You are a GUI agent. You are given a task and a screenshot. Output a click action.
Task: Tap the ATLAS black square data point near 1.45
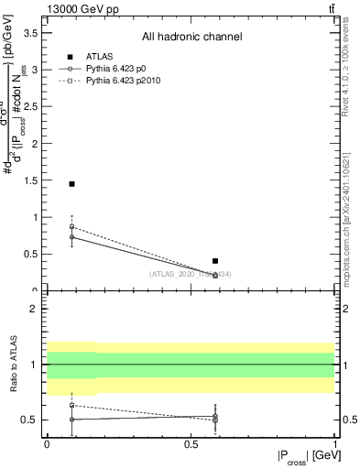[71, 184]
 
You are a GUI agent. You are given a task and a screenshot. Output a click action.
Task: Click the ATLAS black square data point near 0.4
[215, 261]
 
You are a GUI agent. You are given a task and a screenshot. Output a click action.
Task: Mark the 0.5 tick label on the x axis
[190, 443]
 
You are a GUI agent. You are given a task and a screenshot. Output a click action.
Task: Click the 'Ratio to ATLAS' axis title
[12, 365]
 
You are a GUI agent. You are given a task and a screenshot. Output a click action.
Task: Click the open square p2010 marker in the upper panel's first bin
[71, 226]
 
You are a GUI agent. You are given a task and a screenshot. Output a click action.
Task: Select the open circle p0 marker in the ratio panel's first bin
[71, 419]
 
